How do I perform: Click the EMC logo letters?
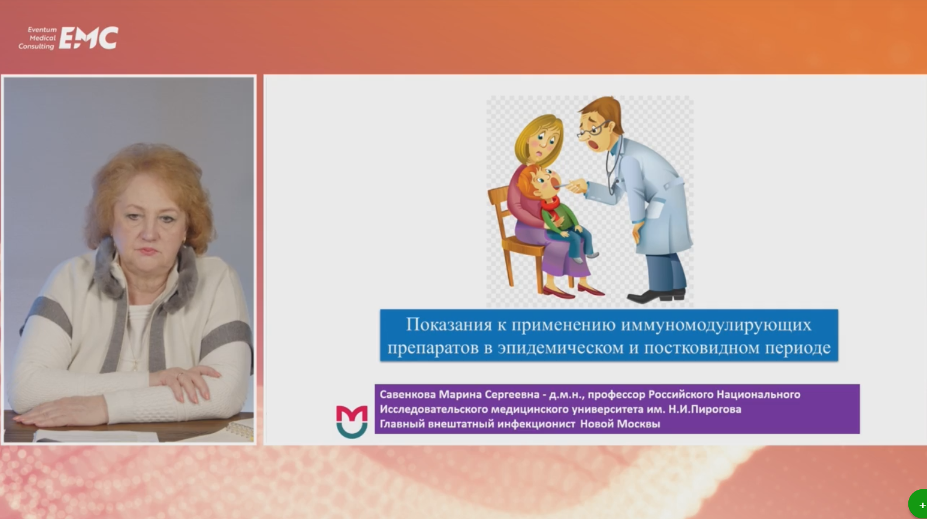click(x=89, y=38)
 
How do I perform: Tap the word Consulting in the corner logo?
click(x=36, y=46)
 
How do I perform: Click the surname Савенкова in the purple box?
click(x=408, y=395)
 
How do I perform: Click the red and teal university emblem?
click(x=352, y=422)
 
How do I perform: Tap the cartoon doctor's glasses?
click(x=593, y=130)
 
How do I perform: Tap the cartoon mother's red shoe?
click(x=557, y=293)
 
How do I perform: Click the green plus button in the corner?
click(x=919, y=504)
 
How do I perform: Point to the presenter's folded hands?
click(x=186, y=383)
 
